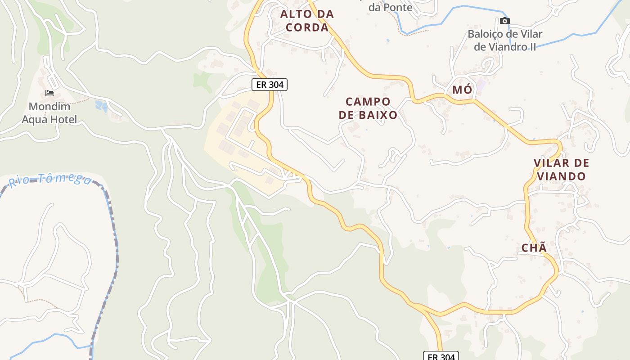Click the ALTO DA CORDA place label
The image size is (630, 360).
(307, 21)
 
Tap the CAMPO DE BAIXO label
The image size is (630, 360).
(368, 108)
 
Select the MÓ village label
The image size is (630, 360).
(462, 90)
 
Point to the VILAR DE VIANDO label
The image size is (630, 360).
(561, 169)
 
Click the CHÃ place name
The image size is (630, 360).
(534, 247)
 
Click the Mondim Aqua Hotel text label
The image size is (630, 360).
(49, 113)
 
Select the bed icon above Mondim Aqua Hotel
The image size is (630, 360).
(49, 93)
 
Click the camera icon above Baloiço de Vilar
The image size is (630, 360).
(505, 21)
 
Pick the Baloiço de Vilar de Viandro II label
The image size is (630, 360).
(505, 40)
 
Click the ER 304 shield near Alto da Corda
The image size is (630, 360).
(269, 84)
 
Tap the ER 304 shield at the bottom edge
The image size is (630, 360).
(441, 356)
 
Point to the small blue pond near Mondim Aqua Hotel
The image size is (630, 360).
(101, 106)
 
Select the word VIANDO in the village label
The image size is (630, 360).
(561, 176)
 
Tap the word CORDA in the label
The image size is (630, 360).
(307, 27)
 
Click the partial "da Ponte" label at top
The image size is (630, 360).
(390, 7)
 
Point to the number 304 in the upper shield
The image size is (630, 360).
(276, 84)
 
